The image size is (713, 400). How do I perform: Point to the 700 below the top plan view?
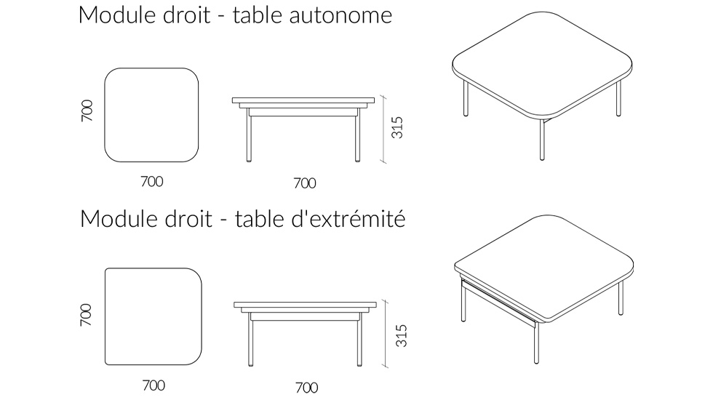point(152,182)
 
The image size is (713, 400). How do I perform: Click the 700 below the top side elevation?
point(304,183)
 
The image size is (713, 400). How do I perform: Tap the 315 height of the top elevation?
point(397,128)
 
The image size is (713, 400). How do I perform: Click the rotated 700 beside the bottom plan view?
point(87,314)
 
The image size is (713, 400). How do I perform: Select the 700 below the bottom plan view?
point(153,385)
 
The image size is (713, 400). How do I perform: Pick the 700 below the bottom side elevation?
point(306,387)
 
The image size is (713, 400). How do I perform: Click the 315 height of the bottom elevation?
point(399,335)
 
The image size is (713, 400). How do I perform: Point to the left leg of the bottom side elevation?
point(252,342)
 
